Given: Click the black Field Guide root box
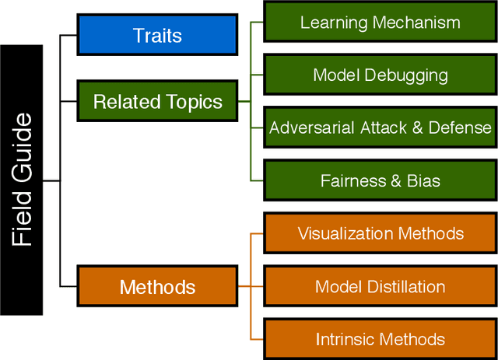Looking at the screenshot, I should pos(21,180).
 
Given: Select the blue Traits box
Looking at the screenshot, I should pos(157,35).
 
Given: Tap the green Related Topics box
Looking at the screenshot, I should pos(157,102).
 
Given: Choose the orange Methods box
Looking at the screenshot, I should pos(157,287).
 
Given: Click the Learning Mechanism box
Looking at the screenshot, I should pos(380,22).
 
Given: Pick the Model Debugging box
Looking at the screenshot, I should pos(380,75).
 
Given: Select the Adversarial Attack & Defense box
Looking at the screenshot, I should pos(380,128).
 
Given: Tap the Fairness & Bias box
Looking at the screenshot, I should pos(380,180).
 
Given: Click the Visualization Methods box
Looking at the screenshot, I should pos(380,233).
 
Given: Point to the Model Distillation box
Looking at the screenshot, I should pos(380,286).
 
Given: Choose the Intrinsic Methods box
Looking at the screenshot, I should pos(380,339).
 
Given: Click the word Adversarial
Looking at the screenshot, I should pos(312,128).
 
